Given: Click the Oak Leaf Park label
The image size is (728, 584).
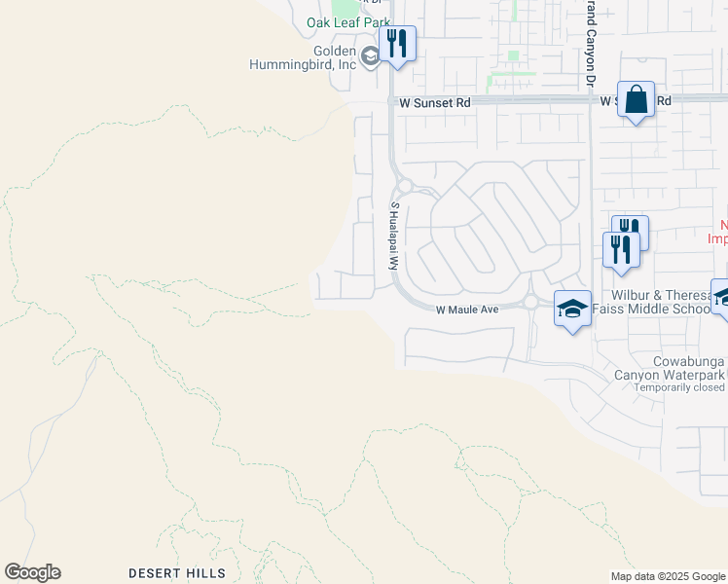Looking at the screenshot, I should coord(348,22).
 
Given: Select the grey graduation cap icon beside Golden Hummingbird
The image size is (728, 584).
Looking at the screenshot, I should coord(370,57).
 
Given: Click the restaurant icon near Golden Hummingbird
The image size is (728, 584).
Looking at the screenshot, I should coord(397,44).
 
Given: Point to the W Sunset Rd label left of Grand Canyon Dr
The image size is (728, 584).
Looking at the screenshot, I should coord(429,101).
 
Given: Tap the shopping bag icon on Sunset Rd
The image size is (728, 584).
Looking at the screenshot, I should coord(636,100).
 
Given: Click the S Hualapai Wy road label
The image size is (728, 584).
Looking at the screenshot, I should coord(395,236).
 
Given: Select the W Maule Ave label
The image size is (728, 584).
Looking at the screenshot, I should coord(466,310).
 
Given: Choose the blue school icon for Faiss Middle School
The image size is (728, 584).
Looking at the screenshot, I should coord(572,310).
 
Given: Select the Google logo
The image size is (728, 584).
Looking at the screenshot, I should coord(32,572).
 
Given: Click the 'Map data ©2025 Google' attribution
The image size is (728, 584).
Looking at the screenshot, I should coord(668,576).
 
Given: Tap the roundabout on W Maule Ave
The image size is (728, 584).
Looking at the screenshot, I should coord(530,303).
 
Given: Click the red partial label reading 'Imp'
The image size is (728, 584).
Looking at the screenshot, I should coord(716,237).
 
